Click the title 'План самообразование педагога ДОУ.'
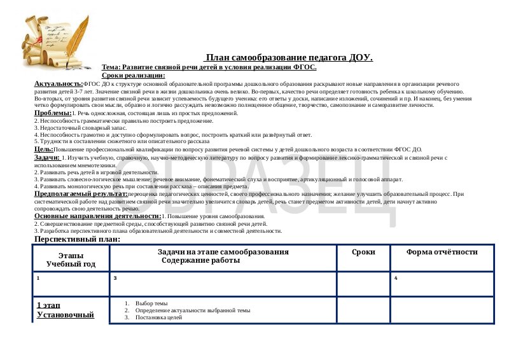click(289, 58)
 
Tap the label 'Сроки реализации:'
click(133, 75)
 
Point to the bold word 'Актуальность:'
click(58, 83)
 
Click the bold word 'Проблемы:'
click(53, 113)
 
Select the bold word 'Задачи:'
click(47, 156)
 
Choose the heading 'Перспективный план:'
click(76, 239)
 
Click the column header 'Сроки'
click(363, 252)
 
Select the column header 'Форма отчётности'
click(442, 252)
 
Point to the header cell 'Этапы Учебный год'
click(71, 258)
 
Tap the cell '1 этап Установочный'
click(66, 310)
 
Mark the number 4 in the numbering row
click(396, 278)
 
